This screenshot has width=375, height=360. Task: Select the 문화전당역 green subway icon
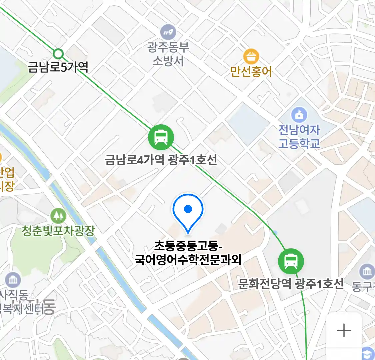point(291,261)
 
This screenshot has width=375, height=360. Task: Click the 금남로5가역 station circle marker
point(58,53)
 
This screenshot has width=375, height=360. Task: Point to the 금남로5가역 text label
point(58,67)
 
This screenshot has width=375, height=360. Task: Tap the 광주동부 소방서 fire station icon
point(168,32)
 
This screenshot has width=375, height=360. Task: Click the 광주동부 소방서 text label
point(168,54)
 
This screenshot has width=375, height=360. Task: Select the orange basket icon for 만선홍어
point(251,57)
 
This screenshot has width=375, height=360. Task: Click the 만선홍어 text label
point(251,71)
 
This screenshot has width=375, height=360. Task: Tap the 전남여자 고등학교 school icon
point(299,115)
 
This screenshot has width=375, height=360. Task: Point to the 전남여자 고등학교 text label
point(299,136)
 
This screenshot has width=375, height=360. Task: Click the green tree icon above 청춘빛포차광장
point(58,216)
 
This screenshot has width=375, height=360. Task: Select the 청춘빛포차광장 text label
point(58,231)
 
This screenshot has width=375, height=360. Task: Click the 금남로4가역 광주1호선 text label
point(161,160)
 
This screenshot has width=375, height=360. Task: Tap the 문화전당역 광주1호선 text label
point(291,284)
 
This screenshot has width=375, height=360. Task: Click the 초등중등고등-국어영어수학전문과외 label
point(188,253)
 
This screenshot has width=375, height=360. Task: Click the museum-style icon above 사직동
point(13,280)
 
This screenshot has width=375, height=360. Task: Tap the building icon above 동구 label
point(367,272)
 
